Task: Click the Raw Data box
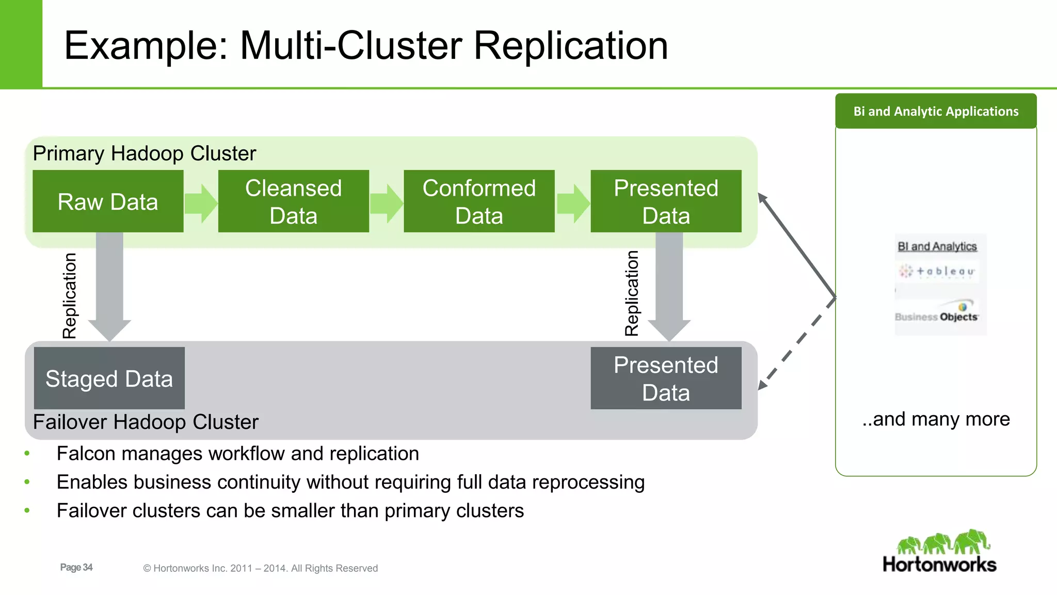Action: pyautogui.click(x=108, y=201)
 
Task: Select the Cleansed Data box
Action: pyautogui.click(x=293, y=201)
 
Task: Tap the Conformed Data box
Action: pyautogui.click(x=479, y=201)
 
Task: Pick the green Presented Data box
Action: pyautogui.click(x=666, y=201)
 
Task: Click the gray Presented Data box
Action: pyautogui.click(x=666, y=378)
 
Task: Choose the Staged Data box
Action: pyautogui.click(x=109, y=378)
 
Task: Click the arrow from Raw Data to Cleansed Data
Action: pyautogui.click(x=201, y=203)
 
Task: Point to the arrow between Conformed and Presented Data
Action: pyautogui.click(x=573, y=203)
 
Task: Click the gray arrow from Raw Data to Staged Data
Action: pyautogui.click(x=109, y=289)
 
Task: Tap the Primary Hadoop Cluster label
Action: pyautogui.click(x=145, y=153)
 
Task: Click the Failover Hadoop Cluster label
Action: pyautogui.click(x=146, y=422)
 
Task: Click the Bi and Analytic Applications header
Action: pyautogui.click(x=936, y=111)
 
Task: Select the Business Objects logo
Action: pyautogui.click(x=937, y=313)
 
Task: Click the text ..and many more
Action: pyautogui.click(x=936, y=419)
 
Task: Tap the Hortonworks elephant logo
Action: pyautogui.click(x=943, y=542)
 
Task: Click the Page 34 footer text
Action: pyautogui.click(x=76, y=567)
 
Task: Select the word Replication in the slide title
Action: pyautogui.click(x=570, y=45)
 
